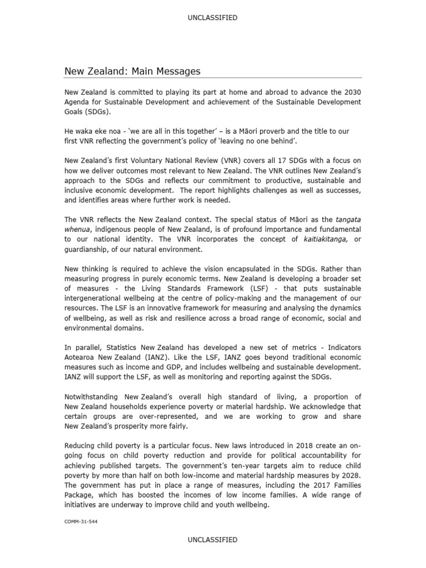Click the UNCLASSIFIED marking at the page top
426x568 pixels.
(x=213, y=18)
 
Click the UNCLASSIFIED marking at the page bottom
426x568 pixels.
(x=213, y=539)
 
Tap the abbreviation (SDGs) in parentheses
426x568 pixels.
(x=98, y=111)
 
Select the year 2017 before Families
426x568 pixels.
(x=324, y=485)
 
